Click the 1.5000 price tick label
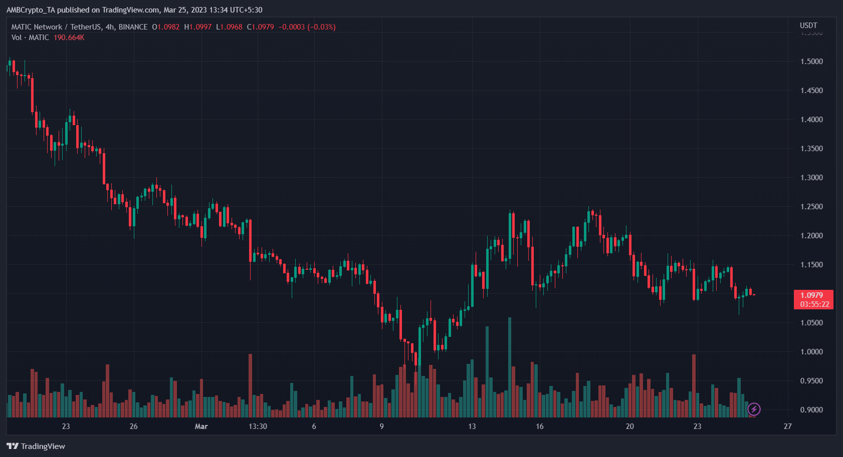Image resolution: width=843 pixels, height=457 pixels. click(x=811, y=62)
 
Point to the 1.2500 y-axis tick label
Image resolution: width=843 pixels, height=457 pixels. click(x=811, y=207)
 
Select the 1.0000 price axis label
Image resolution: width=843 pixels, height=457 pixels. click(x=811, y=352)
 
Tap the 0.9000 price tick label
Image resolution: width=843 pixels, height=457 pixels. click(x=811, y=410)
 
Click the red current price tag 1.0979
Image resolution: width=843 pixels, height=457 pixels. click(x=811, y=295)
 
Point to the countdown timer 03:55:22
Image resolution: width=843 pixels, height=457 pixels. click(x=814, y=304)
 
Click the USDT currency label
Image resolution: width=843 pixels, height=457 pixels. click(x=808, y=26)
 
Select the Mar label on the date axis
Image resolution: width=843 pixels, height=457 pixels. click(x=201, y=426)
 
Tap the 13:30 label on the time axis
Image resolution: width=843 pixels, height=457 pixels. click(x=258, y=426)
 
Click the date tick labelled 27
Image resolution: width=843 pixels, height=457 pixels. click(x=788, y=426)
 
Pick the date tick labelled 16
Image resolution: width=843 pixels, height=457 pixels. click(x=540, y=426)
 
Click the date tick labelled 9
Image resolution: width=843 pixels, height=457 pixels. click(x=382, y=426)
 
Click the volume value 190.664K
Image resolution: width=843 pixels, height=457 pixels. click(x=69, y=38)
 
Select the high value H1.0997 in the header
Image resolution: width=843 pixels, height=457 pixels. click(x=197, y=27)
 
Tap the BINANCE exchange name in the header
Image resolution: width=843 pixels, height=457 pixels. click(x=133, y=27)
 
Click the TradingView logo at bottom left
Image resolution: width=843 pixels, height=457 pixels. click(x=36, y=446)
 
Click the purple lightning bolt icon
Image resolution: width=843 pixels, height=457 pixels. click(x=754, y=409)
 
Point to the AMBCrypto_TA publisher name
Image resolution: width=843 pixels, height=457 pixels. click(x=31, y=10)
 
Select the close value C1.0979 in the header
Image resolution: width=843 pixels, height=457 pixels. click(x=260, y=27)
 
